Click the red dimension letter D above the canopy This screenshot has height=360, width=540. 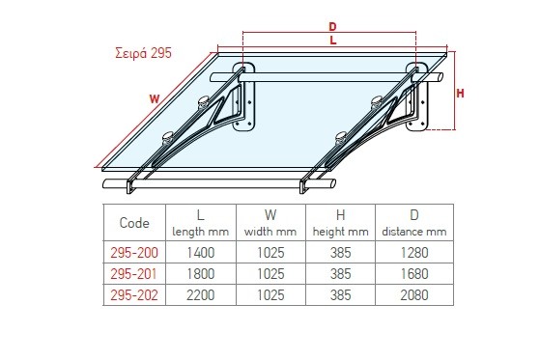click(x=332, y=26)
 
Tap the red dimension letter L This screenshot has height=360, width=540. click(x=332, y=41)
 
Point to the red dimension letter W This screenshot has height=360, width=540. click(x=155, y=99)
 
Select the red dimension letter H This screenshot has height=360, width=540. click(x=460, y=93)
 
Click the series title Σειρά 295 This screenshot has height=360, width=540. click(x=143, y=53)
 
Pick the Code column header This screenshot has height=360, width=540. click(x=134, y=223)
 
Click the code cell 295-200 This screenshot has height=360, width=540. click(x=134, y=253)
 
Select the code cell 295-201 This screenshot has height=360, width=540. click(x=133, y=274)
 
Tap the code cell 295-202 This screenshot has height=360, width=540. click(x=134, y=295)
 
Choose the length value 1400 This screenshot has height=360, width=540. click(x=201, y=253)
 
